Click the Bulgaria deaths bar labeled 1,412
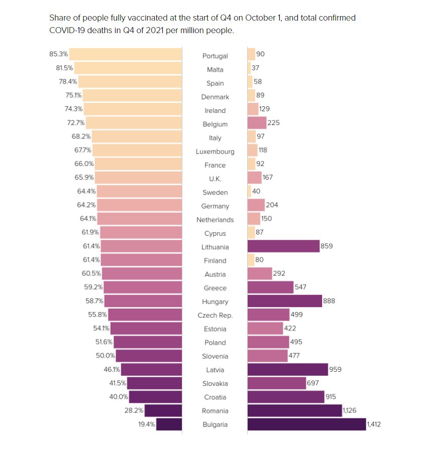click(306, 424)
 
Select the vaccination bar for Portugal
click(126, 54)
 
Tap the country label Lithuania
click(215, 247)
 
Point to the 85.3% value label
click(59, 54)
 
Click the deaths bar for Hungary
click(284, 301)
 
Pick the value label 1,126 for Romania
click(352, 410)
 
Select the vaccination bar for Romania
click(163, 410)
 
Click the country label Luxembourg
click(215, 151)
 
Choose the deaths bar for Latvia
click(287, 370)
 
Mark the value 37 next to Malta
click(255, 68)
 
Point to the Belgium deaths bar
click(257, 122)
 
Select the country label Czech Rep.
click(215, 315)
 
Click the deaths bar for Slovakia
click(277, 383)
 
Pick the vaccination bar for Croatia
click(155, 397)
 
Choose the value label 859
click(327, 246)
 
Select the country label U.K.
click(215, 179)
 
